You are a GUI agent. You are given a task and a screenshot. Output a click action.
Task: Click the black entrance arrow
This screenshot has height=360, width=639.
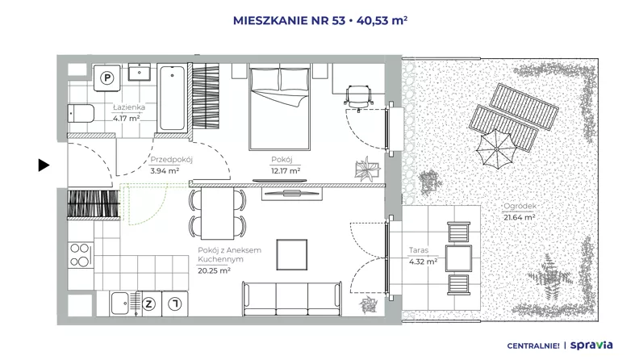[x=44, y=165]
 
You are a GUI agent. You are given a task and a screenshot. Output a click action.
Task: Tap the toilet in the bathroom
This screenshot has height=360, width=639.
[x=81, y=113]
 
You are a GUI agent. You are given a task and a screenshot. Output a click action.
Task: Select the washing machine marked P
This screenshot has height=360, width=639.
[x=106, y=77]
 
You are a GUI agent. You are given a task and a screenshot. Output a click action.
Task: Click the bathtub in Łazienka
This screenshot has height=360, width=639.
[x=173, y=98]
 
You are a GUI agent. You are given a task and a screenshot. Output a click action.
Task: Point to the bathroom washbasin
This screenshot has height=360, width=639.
[x=140, y=72]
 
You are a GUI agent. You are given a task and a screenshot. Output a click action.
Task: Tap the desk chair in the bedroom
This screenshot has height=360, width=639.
[x=358, y=97]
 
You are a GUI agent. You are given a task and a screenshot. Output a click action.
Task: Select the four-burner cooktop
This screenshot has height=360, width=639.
[x=81, y=255]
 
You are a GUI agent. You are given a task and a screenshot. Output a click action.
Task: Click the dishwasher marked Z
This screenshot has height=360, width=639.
[x=148, y=303]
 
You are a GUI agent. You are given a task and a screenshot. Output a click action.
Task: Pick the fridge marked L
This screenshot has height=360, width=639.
[x=175, y=303]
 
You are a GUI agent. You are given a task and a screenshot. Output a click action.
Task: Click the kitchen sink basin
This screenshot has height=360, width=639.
[x=120, y=303]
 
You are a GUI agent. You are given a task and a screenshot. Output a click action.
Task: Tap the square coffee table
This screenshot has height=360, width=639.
[x=292, y=255]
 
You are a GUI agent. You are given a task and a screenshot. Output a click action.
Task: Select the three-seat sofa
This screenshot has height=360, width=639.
[x=292, y=299]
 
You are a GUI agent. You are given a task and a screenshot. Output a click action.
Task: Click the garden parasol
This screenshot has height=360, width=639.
[x=496, y=149]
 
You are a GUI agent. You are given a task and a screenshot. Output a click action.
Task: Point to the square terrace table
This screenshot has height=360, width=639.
[x=458, y=258]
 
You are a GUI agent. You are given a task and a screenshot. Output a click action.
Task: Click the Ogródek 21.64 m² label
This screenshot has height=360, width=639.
[x=520, y=211]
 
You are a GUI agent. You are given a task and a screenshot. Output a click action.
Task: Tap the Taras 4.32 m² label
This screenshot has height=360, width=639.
[x=423, y=256]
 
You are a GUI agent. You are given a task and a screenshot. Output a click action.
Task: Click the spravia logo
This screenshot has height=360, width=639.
[x=591, y=345]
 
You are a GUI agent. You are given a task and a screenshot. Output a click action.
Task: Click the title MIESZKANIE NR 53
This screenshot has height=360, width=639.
[x=289, y=20]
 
